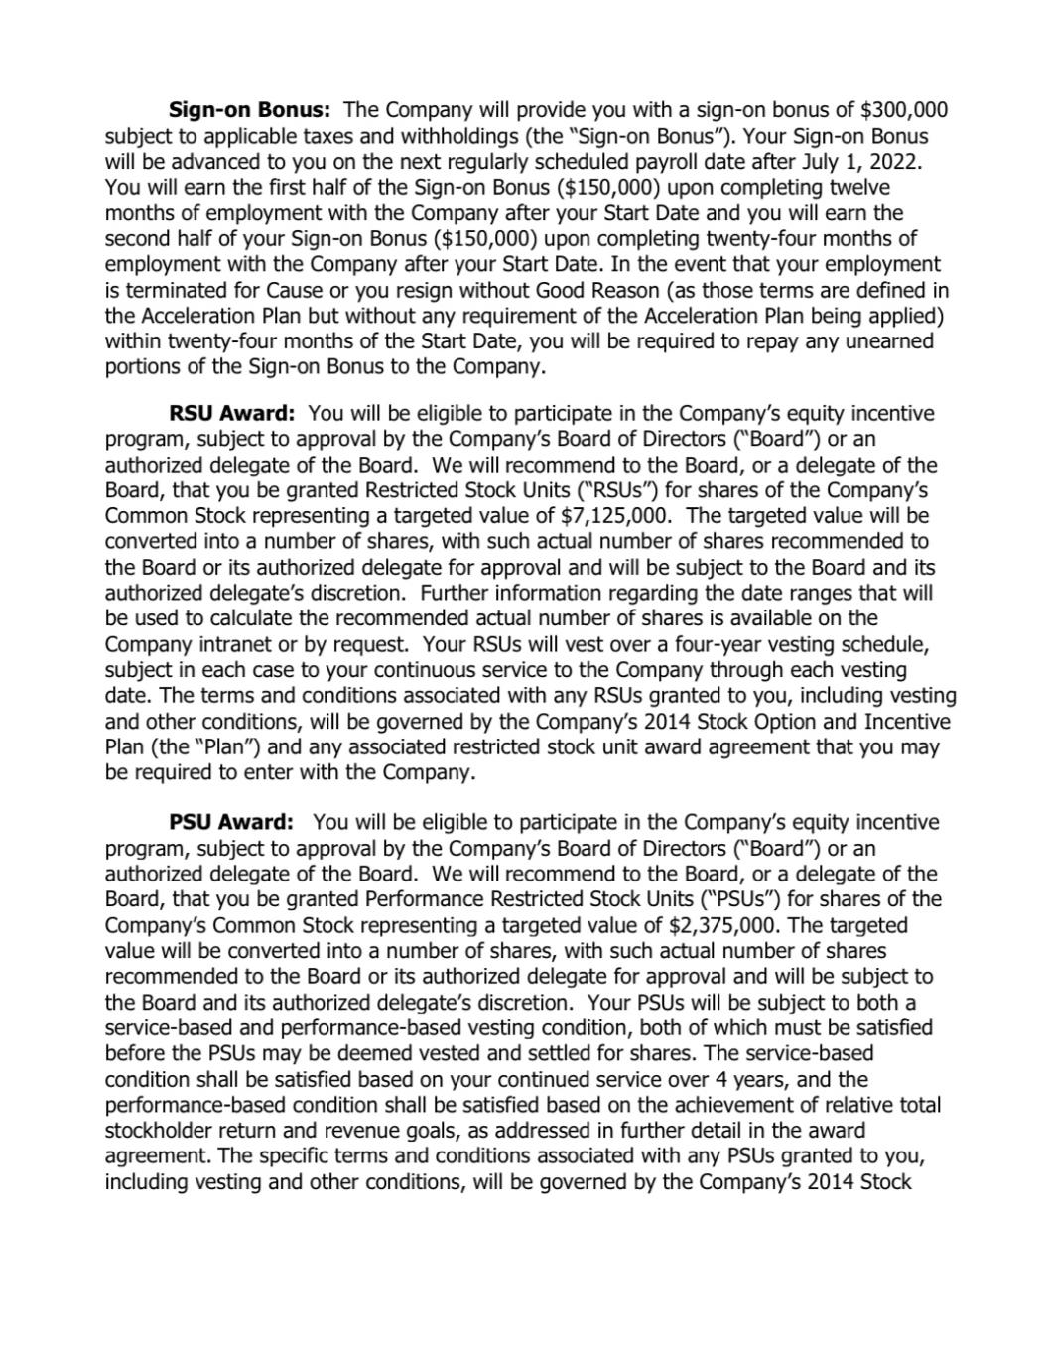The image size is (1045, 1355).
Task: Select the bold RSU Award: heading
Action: [x=232, y=413]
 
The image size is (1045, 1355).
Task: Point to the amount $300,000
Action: [x=903, y=109]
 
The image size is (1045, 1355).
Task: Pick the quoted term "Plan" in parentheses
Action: [x=237, y=746]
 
